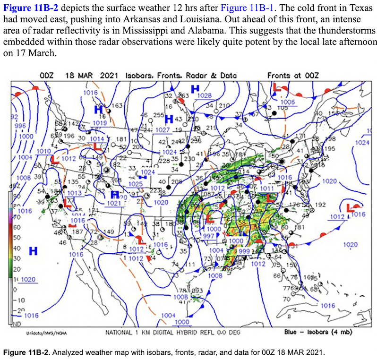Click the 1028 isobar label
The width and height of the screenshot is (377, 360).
(205, 96)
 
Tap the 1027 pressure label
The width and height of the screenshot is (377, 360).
(163, 130)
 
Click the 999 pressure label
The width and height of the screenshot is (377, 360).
(245, 251)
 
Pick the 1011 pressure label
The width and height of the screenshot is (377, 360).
(267, 189)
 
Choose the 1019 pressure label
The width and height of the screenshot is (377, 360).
(100, 123)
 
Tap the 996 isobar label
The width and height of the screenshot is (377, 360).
(20, 126)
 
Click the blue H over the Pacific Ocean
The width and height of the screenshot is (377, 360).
(33, 250)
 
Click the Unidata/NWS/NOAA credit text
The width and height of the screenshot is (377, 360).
(40, 333)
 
